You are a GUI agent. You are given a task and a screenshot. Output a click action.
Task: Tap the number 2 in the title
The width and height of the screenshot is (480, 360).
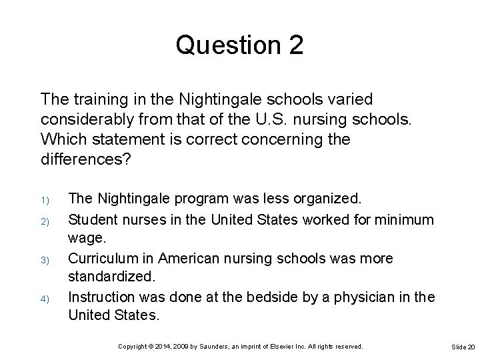[295, 45]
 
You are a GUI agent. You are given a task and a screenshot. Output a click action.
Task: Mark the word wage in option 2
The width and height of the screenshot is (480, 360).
[85, 237]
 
